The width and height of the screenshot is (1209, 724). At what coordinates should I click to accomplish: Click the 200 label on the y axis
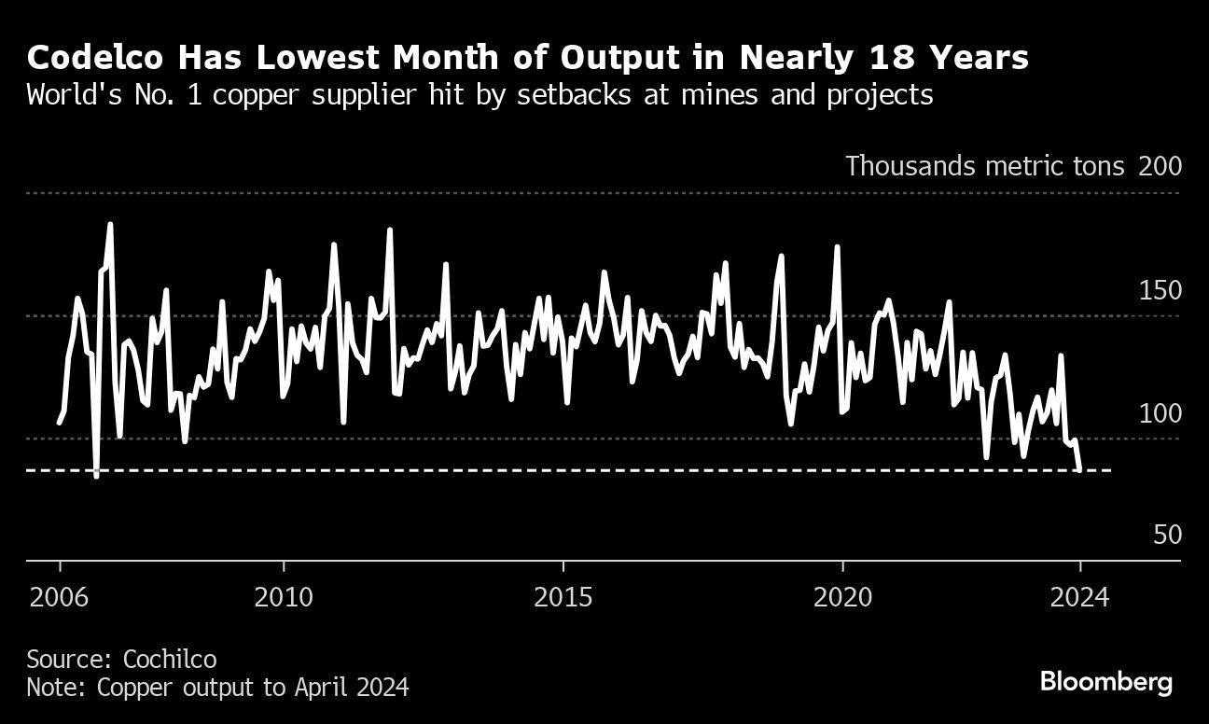tap(1160, 166)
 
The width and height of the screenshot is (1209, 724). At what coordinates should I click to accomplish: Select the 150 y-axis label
tap(1160, 290)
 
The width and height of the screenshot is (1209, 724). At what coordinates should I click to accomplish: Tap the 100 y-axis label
tap(1160, 412)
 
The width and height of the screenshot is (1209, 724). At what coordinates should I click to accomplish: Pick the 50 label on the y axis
tap(1167, 535)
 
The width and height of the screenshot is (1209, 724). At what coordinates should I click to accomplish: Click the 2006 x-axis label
tap(60, 596)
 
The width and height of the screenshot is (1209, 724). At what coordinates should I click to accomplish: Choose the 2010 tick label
tap(283, 596)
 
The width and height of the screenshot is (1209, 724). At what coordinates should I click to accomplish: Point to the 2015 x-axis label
tap(563, 596)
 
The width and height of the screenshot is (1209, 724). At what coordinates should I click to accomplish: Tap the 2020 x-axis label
tap(842, 596)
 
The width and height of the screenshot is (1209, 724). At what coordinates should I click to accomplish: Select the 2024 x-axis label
tap(1079, 596)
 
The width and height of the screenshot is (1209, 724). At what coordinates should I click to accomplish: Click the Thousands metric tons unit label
tap(987, 166)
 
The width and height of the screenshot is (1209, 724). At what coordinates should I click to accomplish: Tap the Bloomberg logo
tap(1106, 682)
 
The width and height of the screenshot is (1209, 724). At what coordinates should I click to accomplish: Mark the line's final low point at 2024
tap(1080, 469)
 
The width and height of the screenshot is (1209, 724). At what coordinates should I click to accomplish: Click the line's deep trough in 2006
tap(96, 476)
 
